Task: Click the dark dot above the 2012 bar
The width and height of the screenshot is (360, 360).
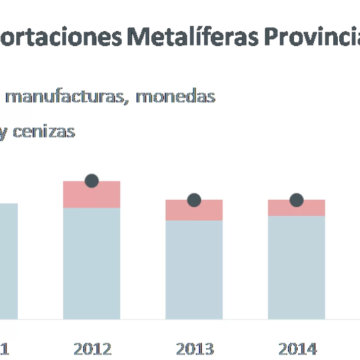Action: [x=91, y=181]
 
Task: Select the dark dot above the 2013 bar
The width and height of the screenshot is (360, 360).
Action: [x=194, y=200]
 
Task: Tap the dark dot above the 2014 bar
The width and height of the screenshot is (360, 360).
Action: [x=297, y=200]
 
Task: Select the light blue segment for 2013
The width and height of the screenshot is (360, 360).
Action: [x=194, y=270]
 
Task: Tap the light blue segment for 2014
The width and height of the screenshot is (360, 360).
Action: [x=297, y=267]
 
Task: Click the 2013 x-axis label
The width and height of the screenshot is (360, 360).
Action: [x=195, y=349]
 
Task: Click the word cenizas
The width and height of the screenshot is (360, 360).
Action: [x=44, y=132]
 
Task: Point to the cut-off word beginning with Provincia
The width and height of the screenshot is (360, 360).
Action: [x=312, y=37]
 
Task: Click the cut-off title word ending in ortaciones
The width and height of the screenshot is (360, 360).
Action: [x=61, y=37]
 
